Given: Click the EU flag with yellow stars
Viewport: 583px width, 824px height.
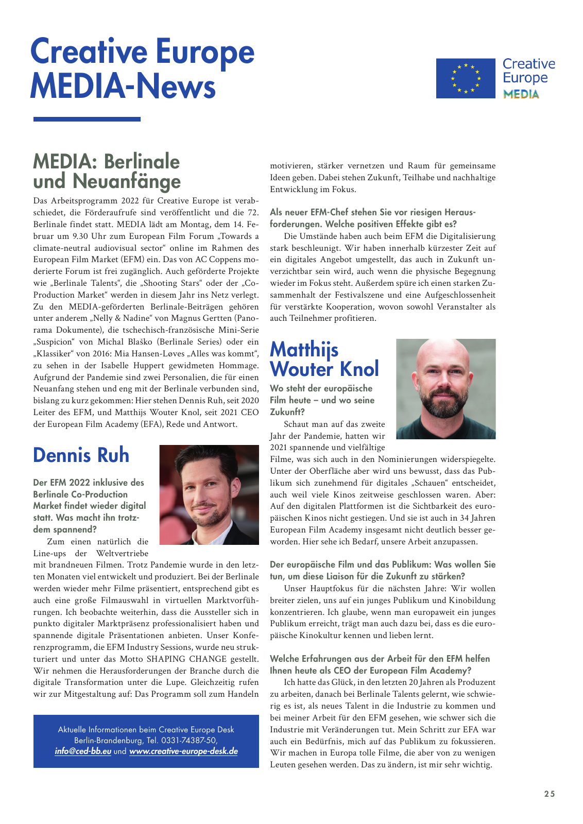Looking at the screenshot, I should click(465, 78).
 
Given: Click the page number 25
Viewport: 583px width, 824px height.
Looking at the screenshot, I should click(550, 794).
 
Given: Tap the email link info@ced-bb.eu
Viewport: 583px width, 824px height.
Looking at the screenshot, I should click(83, 751).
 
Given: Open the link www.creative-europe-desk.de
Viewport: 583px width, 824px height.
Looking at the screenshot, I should click(183, 751).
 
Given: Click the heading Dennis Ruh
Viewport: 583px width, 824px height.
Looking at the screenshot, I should click(81, 455).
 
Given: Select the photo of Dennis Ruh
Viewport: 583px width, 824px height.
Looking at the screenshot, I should click(209, 495).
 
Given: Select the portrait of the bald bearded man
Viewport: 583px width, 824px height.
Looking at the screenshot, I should click(445, 389).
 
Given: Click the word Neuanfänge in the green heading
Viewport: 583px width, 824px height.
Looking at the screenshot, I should click(127, 181).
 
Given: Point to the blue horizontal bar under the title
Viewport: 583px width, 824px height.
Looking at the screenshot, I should click(87, 119).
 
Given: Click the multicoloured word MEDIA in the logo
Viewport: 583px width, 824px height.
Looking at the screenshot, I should click(521, 94).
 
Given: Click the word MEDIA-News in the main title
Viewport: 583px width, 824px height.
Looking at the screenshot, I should click(123, 86).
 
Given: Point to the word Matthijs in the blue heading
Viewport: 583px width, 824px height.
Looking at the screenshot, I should click(304, 350).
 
